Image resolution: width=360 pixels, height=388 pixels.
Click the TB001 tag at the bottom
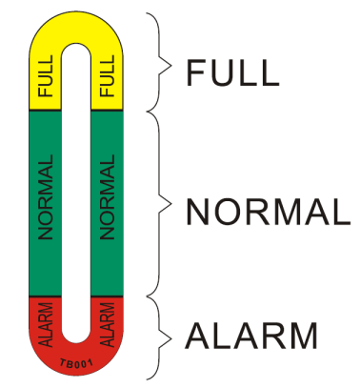click(75, 363)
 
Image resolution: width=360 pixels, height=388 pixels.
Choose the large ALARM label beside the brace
click(251, 336)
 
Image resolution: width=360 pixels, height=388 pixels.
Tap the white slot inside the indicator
click(75, 191)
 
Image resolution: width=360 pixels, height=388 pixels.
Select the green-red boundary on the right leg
click(108, 296)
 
